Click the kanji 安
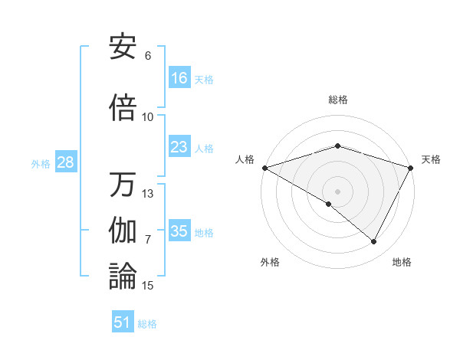click(x=123, y=47)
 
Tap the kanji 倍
click(x=123, y=109)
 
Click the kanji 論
click(x=123, y=277)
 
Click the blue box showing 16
click(x=179, y=77)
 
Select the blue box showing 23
click(x=179, y=147)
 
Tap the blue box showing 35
click(x=179, y=231)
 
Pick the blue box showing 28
click(x=65, y=162)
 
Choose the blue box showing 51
click(x=123, y=322)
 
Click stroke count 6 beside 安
click(x=148, y=56)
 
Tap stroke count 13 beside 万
click(x=148, y=194)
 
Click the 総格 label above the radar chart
click(x=337, y=100)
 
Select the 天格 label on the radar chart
click(x=431, y=159)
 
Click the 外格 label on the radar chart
click(x=270, y=262)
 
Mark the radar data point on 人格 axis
click(x=264, y=168)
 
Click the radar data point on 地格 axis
click(x=374, y=242)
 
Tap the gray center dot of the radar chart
click(x=337, y=191)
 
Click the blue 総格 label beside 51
click(x=147, y=324)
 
